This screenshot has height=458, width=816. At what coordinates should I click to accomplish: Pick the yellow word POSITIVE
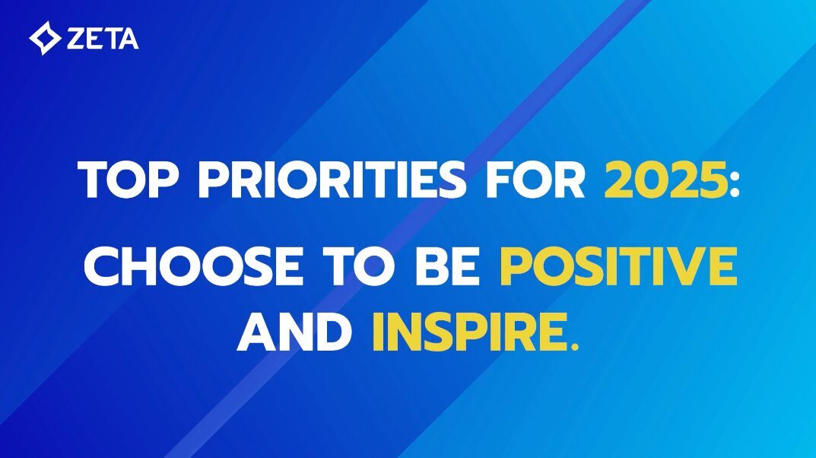(618, 266)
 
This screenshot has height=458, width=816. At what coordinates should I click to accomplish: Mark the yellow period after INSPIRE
(573, 347)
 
